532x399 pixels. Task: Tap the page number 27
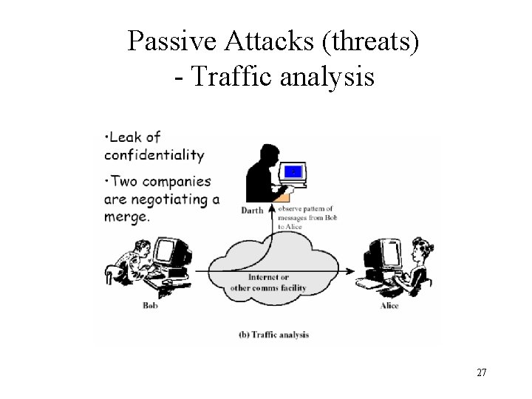pyautogui.click(x=481, y=372)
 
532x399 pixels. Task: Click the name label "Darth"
pyautogui.click(x=252, y=211)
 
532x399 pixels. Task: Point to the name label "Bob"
pyautogui.click(x=151, y=305)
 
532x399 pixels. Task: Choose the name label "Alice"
pyautogui.click(x=389, y=305)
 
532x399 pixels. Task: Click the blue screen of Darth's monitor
pyautogui.click(x=294, y=172)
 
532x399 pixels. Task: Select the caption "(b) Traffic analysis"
pyautogui.click(x=273, y=334)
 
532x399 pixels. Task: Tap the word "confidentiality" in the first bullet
pyautogui.click(x=154, y=155)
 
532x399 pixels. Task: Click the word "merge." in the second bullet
pyautogui.click(x=127, y=217)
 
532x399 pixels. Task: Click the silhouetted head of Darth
pyautogui.click(x=264, y=154)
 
